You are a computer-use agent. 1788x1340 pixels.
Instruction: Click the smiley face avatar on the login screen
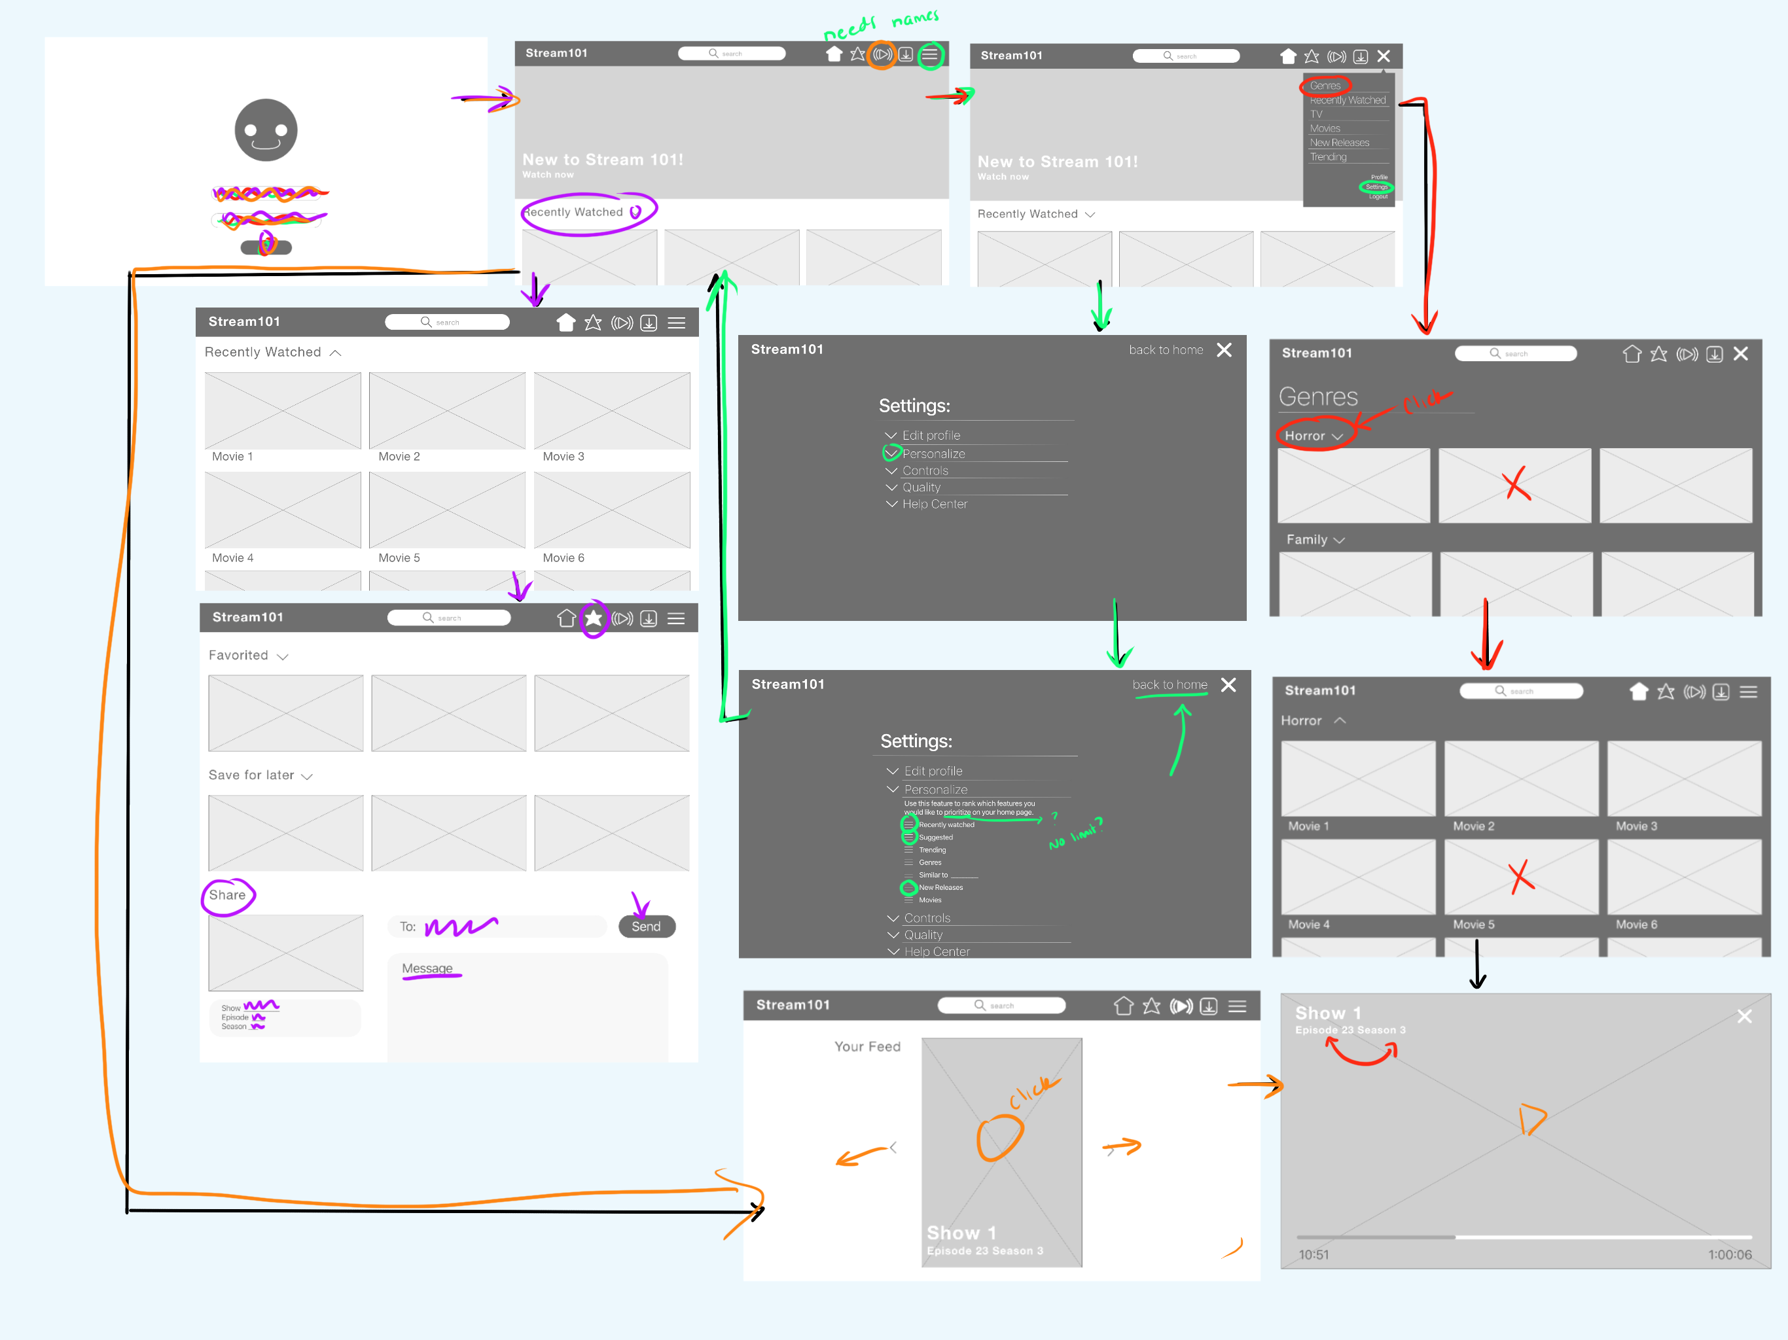click(266, 130)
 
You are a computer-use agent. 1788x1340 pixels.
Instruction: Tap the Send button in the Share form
click(646, 926)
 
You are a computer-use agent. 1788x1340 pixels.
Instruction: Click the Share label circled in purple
click(227, 894)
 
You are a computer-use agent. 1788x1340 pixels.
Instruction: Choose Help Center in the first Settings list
click(934, 504)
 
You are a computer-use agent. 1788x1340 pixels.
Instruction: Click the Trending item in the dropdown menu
click(1328, 157)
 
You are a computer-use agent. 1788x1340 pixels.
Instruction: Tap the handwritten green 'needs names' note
click(881, 24)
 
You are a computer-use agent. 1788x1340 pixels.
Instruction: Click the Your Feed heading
click(867, 1047)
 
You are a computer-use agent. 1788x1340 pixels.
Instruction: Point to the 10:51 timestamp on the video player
click(1314, 1254)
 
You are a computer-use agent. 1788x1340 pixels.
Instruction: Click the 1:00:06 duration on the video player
click(1729, 1254)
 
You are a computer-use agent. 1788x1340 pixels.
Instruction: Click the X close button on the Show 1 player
click(1744, 1016)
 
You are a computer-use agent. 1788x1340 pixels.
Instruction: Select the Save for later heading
click(251, 775)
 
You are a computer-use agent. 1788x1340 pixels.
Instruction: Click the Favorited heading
click(238, 656)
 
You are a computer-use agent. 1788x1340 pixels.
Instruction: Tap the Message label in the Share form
click(427, 968)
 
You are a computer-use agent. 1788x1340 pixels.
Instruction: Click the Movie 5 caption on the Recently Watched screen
click(399, 557)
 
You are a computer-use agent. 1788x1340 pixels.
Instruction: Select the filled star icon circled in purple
click(594, 618)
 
